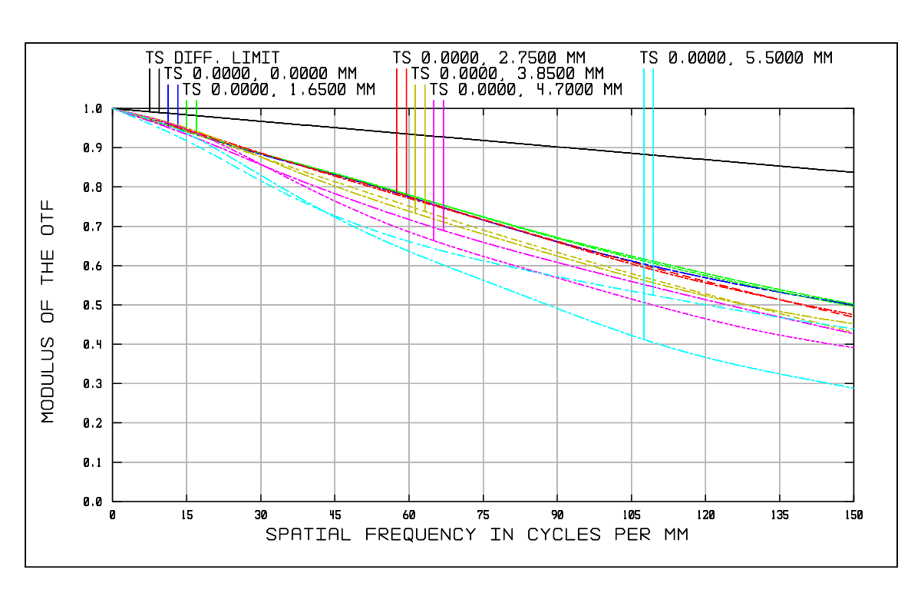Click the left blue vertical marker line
(168, 100)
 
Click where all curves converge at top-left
(113, 108)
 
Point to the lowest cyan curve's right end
(853, 388)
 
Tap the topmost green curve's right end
(853, 303)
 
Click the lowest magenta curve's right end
(853, 348)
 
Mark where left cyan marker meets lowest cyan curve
(644, 339)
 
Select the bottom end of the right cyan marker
(653, 295)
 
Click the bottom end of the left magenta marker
(434, 240)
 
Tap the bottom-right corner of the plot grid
(853, 502)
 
